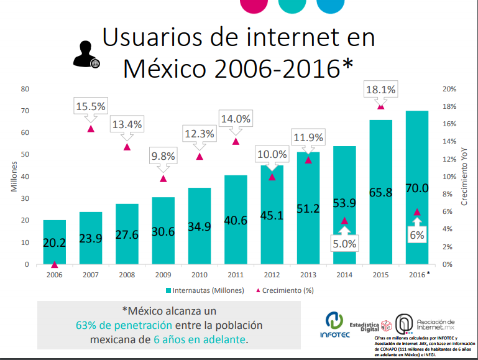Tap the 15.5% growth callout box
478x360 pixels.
coord(91,106)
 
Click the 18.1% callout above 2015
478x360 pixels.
coord(380,90)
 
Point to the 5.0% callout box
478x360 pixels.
coord(344,244)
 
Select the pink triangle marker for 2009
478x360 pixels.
coord(163,178)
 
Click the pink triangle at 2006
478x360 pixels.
coord(55,264)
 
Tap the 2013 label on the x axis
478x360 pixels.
coord(308,274)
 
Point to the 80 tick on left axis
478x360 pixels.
coord(25,89)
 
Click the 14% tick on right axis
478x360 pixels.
coord(449,142)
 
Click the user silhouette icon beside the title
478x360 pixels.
coord(86,54)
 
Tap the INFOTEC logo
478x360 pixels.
coord(335,325)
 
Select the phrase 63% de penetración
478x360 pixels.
coord(124,325)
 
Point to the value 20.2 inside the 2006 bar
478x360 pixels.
coord(55,243)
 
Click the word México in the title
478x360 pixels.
coord(165,67)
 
